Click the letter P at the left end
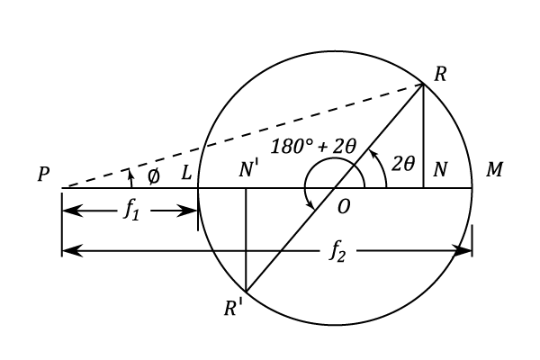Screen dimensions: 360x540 coord(43,175)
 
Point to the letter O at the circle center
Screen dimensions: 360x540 coord(343,207)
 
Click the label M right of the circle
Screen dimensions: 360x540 coord(494,170)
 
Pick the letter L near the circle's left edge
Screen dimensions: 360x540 coord(186,171)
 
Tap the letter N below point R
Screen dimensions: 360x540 coord(439,171)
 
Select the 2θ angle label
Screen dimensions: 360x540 coord(402,163)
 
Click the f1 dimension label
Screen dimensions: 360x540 coord(130,215)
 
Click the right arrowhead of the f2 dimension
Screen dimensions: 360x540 coord(463,251)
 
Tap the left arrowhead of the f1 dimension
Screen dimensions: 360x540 coord(69,211)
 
